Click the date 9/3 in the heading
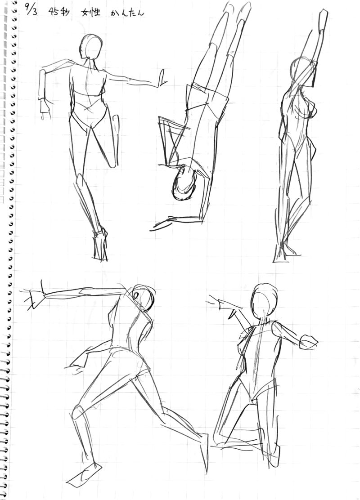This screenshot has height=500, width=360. point(31,11)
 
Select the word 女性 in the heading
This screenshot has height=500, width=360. point(91,12)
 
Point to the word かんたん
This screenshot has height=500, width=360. point(127,13)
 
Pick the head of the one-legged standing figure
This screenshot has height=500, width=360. point(90,47)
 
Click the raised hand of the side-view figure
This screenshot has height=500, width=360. point(323,19)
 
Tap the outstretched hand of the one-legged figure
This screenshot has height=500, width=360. point(162,78)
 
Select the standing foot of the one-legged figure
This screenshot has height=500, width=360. point(100,245)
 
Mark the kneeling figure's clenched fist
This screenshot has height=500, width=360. point(308,341)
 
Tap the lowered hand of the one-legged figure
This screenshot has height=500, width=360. point(45,108)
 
